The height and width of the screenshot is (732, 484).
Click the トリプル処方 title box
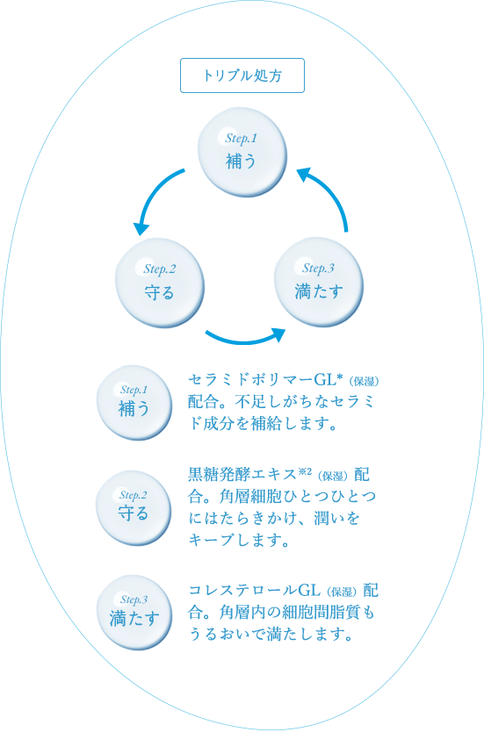coord(242,75)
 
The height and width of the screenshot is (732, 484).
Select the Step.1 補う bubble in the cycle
coord(242,151)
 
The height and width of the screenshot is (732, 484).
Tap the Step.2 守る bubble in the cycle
coord(160,283)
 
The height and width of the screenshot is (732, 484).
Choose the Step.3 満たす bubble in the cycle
coord(319,282)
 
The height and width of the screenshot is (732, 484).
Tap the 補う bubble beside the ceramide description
coord(134,402)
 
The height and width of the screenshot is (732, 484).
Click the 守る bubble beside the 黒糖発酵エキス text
coord(134,507)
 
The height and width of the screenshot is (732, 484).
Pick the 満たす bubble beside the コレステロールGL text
coord(134,612)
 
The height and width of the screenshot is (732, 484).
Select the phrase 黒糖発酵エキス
coord(242,474)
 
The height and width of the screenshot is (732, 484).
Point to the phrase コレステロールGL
coord(254,590)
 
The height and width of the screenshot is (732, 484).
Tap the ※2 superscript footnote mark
coord(305,471)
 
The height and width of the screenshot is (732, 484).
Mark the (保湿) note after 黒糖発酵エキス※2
coord(333,477)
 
